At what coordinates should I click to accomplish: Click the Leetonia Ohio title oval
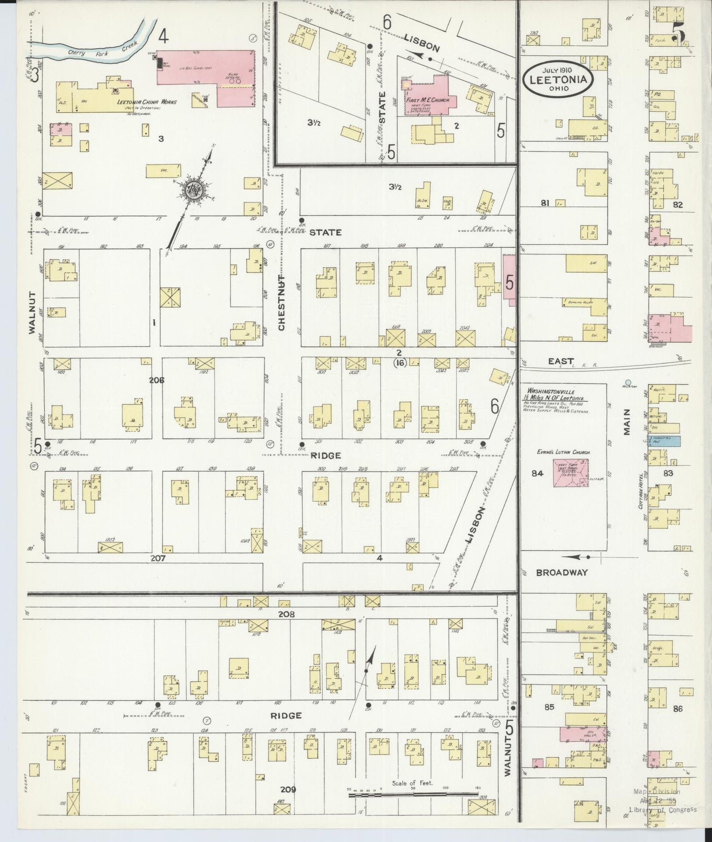pyautogui.click(x=558, y=79)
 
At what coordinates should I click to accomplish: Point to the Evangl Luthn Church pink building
pyautogui.click(x=571, y=473)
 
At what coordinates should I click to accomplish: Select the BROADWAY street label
pyautogui.click(x=562, y=573)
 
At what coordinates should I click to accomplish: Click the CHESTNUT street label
pyautogui.click(x=281, y=303)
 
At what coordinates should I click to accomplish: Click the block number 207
pyautogui.click(x=158, y=558)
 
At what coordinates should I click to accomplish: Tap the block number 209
pyautogui.click(x=288, y=803)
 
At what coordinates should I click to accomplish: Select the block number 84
pyautogui.click(x=537, y=473)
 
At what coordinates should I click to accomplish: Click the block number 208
pyautogui.click(x=286, y=615)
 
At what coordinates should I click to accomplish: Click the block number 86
pyautogui.click(x=678, y=709)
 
